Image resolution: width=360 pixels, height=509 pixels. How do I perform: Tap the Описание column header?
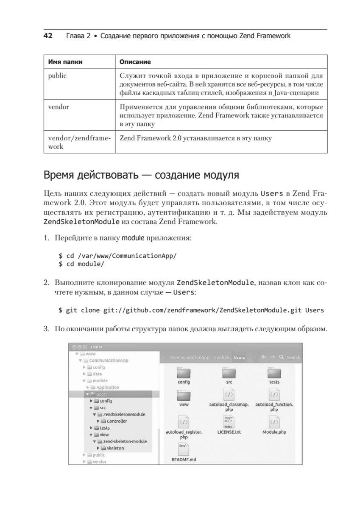click(135, 62)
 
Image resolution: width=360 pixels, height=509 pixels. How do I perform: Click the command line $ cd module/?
click(81, 264)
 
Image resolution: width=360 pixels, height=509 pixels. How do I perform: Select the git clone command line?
click(191, 310)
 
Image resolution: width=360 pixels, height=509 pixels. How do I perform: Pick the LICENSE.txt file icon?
click(229, 422)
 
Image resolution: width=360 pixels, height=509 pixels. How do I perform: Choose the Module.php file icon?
click(274, 422)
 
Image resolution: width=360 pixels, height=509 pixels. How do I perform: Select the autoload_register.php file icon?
click(184, 422)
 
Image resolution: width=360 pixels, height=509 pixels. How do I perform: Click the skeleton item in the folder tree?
click(115, 448)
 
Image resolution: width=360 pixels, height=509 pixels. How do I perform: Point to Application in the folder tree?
click(107, 387)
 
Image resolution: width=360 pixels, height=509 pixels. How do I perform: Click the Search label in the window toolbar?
click(293, 358)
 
